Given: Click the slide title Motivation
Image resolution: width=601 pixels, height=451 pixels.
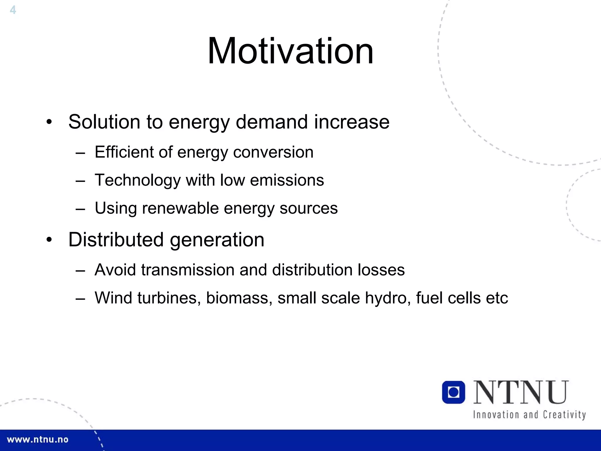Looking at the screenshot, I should coord(291,51).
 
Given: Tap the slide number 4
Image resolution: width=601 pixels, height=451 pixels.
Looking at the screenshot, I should coord(13,10).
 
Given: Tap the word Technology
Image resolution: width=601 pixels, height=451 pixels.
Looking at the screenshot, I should coord(138,180).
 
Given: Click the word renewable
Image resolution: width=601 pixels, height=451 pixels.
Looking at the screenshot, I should coord(180,208).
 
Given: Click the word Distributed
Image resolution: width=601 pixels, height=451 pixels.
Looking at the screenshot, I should coord(116,240).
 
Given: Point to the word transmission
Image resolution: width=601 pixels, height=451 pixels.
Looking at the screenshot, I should coord(188,270).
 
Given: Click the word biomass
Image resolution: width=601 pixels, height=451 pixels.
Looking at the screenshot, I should coord(239,298).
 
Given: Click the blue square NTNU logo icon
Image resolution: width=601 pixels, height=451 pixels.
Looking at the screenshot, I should coord(453,392).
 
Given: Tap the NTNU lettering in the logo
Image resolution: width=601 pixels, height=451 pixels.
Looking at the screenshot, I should coord(521,392).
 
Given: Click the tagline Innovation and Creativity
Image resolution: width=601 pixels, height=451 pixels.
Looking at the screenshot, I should coord(529,415).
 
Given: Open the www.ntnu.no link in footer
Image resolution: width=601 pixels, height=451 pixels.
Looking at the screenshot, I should coord(38,440).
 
